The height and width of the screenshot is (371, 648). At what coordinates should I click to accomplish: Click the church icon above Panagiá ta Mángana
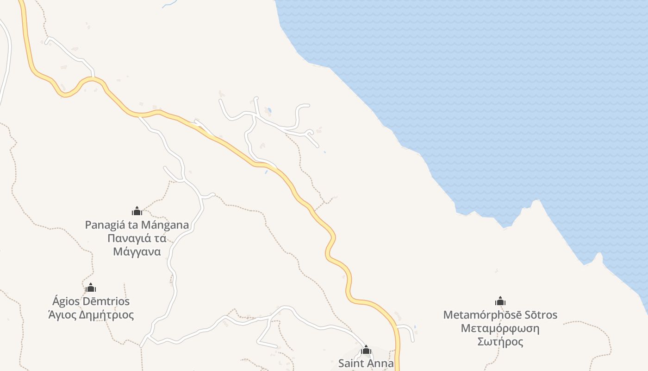click(137, 211)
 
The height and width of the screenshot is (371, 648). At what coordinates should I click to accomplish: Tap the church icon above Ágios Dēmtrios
click(91, 288)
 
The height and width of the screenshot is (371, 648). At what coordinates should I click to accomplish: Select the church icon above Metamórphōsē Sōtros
click(500, 301)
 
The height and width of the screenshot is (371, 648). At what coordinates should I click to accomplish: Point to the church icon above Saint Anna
click(366, 350)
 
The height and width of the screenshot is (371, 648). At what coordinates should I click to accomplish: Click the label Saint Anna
click(366, 363)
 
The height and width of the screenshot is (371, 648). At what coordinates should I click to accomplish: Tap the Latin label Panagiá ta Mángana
click(137, 225)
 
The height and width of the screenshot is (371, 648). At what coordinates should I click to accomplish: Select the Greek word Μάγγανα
click(137, 252)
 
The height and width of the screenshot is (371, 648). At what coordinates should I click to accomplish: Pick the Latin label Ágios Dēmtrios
click(91, 301)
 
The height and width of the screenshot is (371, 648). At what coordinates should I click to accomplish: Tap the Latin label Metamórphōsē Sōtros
click(500, 315)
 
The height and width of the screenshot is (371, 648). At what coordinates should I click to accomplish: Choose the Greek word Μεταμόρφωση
click(500, 328)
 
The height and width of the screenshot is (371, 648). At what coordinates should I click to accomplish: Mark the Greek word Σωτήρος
click(500, 342)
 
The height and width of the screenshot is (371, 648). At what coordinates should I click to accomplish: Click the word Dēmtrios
click(106, 301)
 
